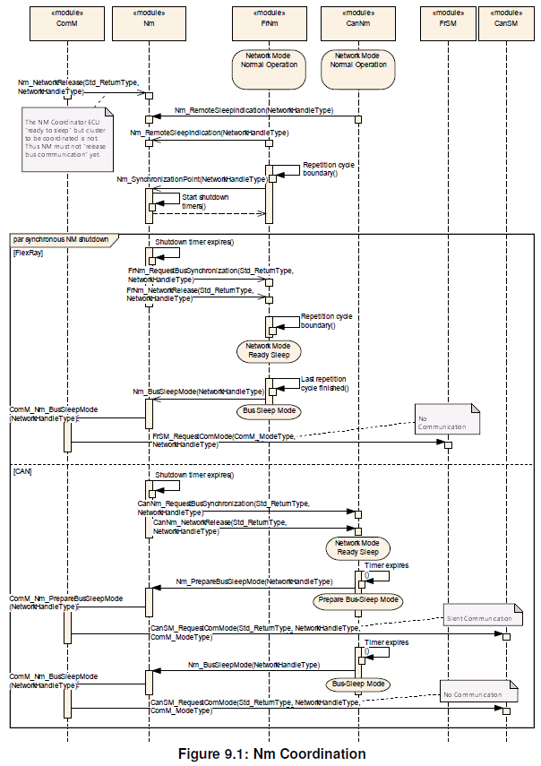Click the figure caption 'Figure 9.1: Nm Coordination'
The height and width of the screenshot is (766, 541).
point(270,753)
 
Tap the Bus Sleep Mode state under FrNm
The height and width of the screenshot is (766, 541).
point(268,411)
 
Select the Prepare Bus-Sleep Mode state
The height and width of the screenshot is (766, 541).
point(357,599)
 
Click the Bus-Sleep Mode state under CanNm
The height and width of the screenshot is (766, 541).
point(357,684)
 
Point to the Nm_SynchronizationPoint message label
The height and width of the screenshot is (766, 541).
point(191,179)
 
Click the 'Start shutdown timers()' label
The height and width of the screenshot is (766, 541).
point(205,202)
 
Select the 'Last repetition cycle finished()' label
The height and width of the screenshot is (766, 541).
point(326,383)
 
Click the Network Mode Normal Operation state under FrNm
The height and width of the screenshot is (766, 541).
point(270,69)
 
